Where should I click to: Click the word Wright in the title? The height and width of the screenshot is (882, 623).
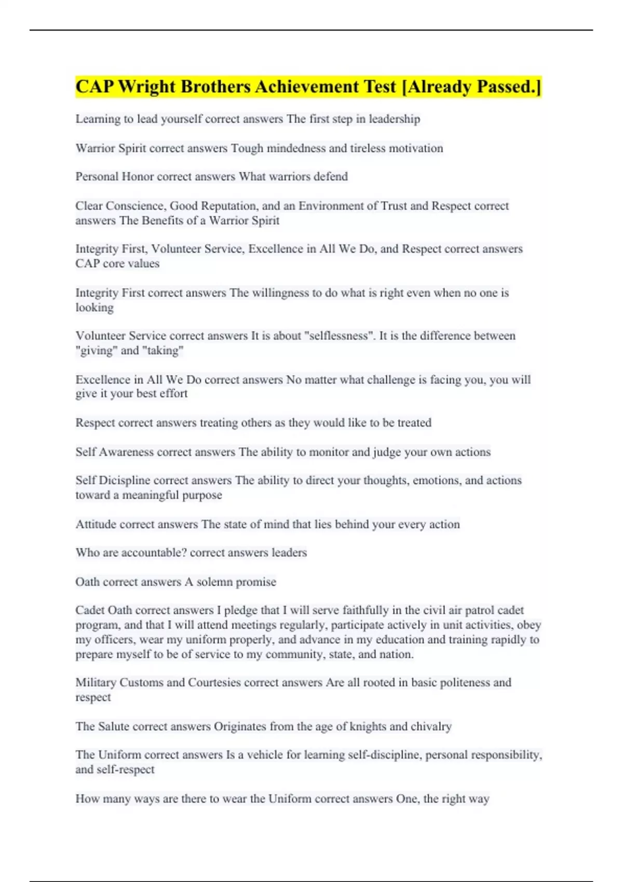[147, 87]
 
